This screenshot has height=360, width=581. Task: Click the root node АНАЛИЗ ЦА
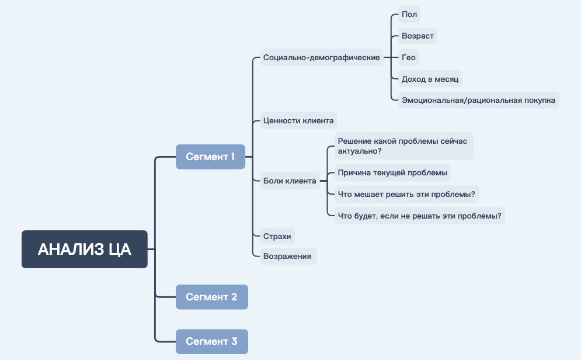coord(85,250)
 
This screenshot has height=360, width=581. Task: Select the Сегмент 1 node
coord(210,157)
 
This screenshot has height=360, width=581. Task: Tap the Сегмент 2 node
coord(211,297)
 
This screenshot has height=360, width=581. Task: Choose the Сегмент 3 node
coord(211,341)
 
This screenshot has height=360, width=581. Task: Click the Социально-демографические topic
coord(322,57)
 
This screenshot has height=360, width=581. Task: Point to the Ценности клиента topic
coord(298,121)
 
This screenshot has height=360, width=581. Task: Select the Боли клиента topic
coord(290,181)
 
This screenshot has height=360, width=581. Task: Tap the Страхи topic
coord(277,236)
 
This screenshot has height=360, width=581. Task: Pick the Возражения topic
coord(288,256)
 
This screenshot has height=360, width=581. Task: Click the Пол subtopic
coord(409,15)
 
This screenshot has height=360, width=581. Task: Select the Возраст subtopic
coord(418,36)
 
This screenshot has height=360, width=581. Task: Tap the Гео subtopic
coord(409,57)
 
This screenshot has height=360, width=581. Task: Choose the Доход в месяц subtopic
coord(431,79)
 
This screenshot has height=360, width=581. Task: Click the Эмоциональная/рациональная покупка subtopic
coord(478,100)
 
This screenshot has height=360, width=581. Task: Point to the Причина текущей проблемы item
coord(392,173)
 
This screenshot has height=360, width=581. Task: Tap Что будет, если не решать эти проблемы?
coord(419,216)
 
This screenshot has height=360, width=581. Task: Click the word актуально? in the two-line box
coord(360,151)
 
